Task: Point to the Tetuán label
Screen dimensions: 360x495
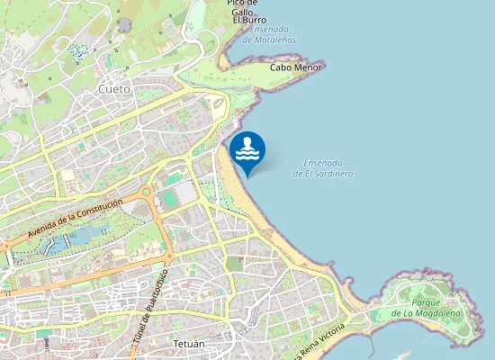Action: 187,344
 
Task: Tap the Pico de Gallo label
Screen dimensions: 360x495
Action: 242,8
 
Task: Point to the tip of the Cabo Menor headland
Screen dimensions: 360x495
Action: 323,65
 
